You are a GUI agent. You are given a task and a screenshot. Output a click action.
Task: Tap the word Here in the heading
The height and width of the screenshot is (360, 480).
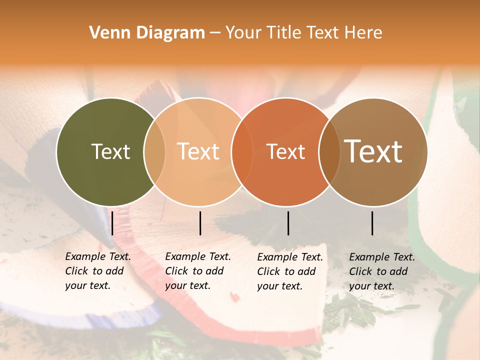[363, 33]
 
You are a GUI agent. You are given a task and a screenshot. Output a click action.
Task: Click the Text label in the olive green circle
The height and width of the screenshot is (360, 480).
[110, 151]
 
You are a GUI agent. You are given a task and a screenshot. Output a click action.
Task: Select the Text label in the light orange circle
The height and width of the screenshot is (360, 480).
[198, 151]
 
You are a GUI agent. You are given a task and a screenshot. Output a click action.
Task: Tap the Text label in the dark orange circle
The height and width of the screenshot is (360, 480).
[285, 151]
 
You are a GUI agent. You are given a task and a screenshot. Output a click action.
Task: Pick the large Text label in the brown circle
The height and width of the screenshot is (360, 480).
[373, 151]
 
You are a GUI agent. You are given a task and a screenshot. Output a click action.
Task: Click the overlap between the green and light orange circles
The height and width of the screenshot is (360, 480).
[154, 151]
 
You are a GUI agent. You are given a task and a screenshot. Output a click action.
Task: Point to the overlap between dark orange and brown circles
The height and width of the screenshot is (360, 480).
[329, 151]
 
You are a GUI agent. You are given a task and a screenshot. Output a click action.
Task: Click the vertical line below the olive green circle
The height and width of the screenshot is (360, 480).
[112, 223]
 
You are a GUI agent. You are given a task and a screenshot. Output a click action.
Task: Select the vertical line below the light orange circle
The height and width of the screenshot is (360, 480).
[200, 223]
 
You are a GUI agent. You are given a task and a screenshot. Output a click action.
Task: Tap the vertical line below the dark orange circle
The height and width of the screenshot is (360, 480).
[288, 223]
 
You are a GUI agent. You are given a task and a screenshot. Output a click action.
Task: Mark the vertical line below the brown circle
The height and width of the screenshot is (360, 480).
[372, 223]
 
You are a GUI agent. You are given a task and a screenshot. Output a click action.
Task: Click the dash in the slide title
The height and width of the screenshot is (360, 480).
[215, 33]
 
